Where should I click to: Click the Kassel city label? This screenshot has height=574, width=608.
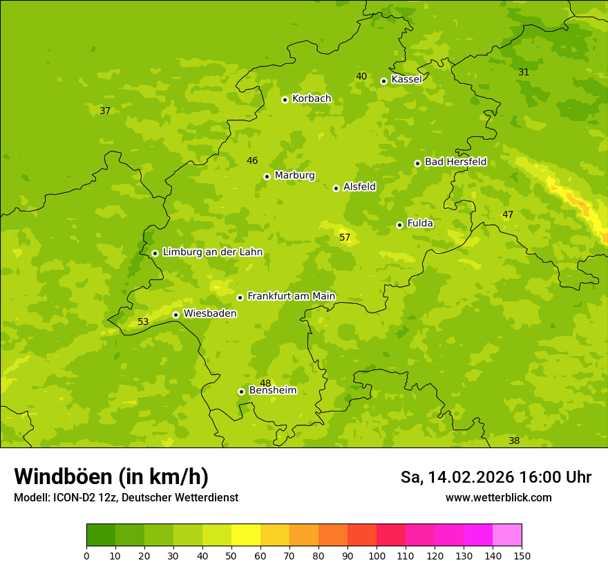coord(406,80)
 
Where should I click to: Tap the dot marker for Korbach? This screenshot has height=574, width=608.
coord(285,100)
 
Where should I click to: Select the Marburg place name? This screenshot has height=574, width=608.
coord(294,176)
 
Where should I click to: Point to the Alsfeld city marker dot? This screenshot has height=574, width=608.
coord(336,188)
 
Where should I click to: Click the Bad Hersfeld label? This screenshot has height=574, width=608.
coord(455,162)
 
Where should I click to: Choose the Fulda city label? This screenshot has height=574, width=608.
coord(420,223)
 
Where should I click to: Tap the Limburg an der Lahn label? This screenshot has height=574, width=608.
coord(212,252)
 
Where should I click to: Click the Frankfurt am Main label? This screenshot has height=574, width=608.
coord(291,296)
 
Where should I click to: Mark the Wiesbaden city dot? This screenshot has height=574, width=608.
coord(175,315)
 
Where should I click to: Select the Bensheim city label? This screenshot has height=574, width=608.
coord(272,391)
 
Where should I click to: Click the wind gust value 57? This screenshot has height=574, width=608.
coord(345,238)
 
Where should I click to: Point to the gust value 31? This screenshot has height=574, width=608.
coord(524,73)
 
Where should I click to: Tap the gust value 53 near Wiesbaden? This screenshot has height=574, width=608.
coord(143,322)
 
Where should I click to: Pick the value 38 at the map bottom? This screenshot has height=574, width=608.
coord(514,441)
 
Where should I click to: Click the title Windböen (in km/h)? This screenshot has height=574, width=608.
coord(111,476)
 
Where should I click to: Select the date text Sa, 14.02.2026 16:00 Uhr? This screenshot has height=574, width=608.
coord(495,477)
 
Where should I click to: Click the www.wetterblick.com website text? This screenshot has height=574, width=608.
coord(498,498)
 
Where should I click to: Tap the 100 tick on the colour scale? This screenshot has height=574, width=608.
coord(377,555)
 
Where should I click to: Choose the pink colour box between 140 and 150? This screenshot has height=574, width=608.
coord(507,535)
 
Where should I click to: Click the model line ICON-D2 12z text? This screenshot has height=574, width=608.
coord(126,498)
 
